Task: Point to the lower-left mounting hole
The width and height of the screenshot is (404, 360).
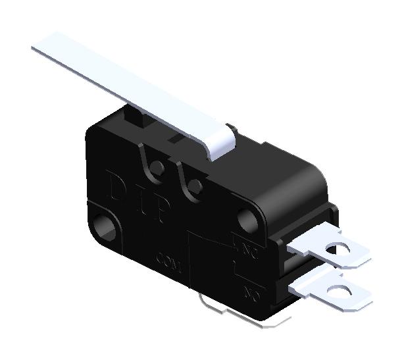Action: [105, 227]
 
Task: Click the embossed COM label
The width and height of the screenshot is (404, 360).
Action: [170, 259]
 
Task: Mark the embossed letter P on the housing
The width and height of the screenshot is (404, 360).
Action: [161, 211]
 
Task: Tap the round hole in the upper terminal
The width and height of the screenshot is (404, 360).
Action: [341, 249]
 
